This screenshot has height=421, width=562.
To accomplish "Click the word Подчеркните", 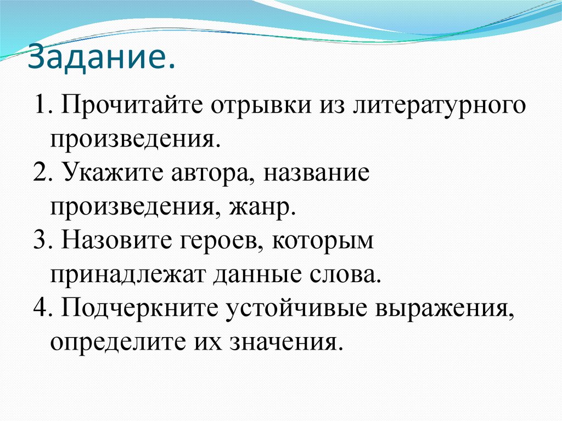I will click(x=138, y=310).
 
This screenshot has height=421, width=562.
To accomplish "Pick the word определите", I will click(x=117, y=343).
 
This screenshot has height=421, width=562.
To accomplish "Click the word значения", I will click(x=290, y=343).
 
